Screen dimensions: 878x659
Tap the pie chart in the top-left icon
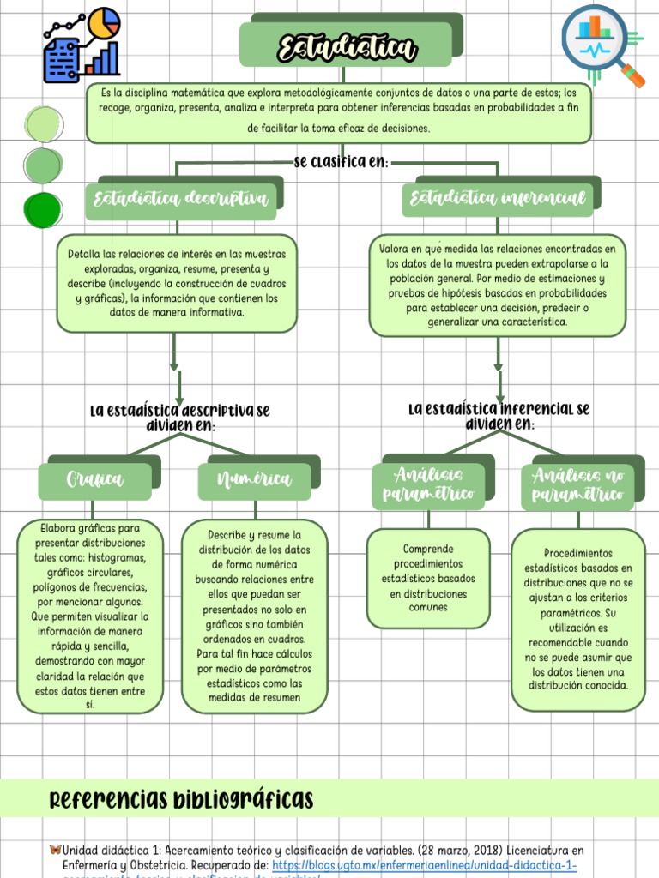coord(106,23)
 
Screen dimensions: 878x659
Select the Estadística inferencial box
coord(498,200)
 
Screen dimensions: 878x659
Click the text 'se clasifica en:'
coord(341,162)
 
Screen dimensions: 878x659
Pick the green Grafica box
coord(94,480)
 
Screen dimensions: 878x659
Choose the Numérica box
coord(254,480)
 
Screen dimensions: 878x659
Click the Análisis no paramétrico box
coord(577,486)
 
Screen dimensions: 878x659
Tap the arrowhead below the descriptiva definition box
coord(175,367)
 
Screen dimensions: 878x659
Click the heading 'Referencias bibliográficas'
coord(181,801)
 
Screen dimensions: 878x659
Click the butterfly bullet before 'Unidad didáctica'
coord(56,850)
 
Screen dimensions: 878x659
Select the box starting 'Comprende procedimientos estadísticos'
coord(427,578)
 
